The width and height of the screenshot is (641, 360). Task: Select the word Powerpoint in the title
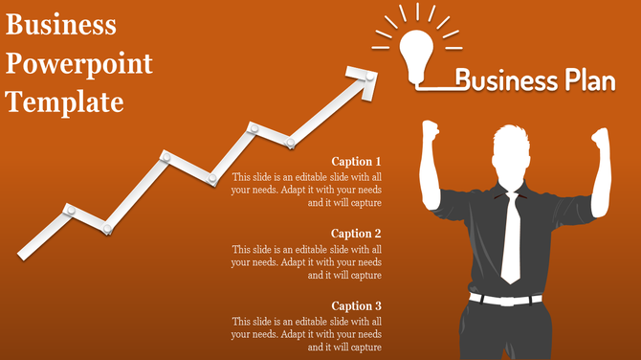pos(79,63)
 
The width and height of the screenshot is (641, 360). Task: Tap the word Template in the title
pos(66,101)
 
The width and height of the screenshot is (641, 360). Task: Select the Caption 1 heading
pos(356,162)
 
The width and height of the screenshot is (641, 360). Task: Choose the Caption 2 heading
pos(356,234)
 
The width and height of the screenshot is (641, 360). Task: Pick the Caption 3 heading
pos(356,306)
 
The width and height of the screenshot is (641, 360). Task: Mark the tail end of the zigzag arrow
pos(24,253)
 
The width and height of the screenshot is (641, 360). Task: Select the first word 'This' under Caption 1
pos(242,177)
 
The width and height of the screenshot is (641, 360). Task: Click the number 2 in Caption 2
pos(378,234)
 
